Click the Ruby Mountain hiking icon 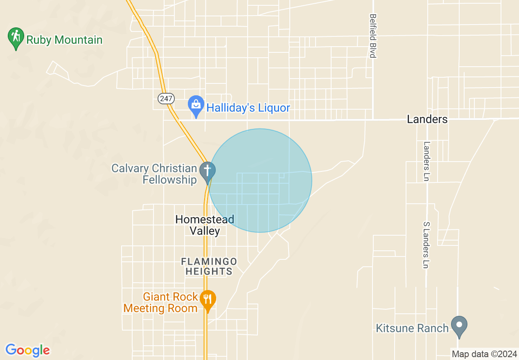point(16,37)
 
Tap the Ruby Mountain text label point(64,40)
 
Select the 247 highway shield point(166,99)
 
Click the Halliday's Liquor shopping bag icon point(196,105)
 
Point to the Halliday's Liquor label point(248,108)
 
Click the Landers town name point(427,119)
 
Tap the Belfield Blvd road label point(372,36)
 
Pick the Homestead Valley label point(205,225)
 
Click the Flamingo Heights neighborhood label point(209,266)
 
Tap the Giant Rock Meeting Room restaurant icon point(208,299)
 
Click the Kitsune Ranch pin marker point(459,326)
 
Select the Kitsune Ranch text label point(412,328)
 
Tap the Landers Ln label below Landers point(427,162)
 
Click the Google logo point(28,350)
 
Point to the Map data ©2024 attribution point(484,354)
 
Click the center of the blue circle point(260,180)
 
